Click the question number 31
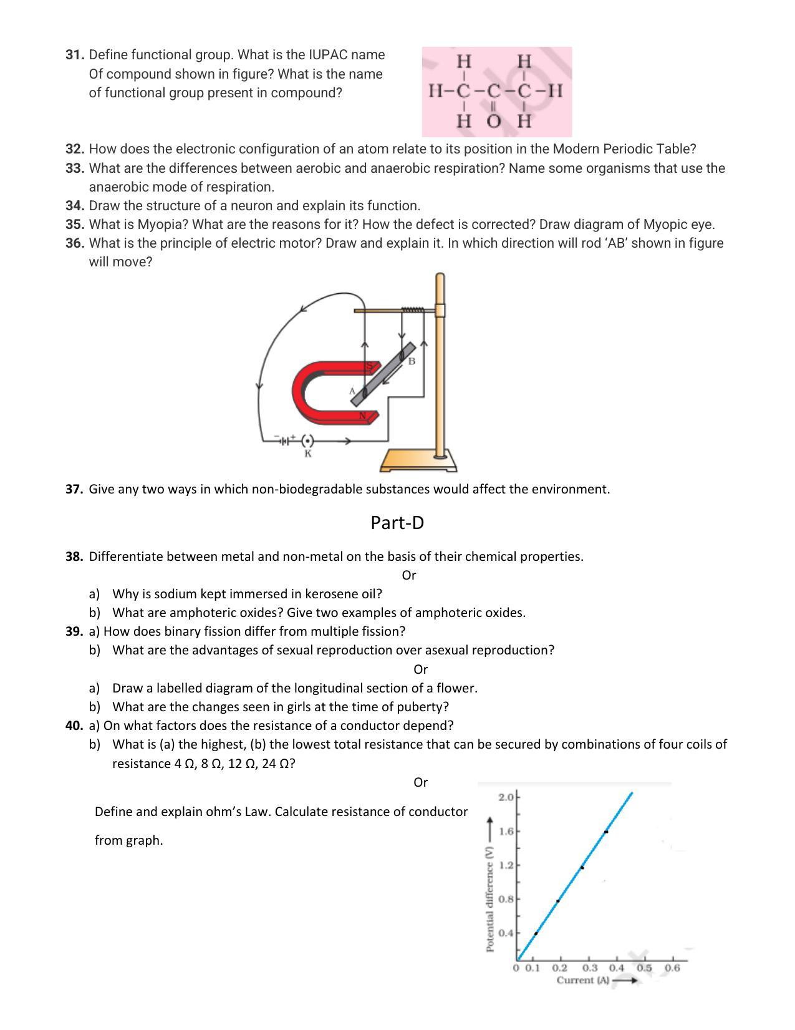coord(74,55)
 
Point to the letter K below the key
coord(308,454)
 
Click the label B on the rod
coord(412,361)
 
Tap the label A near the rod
coord(352,391)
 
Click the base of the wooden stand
coord(418,461)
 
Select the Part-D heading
coord(397,523)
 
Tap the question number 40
coord(74,726)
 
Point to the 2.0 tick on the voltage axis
coord(506,797)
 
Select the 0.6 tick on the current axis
coord(672,968)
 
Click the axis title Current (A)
coord(583,981)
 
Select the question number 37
coord(74,489)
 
